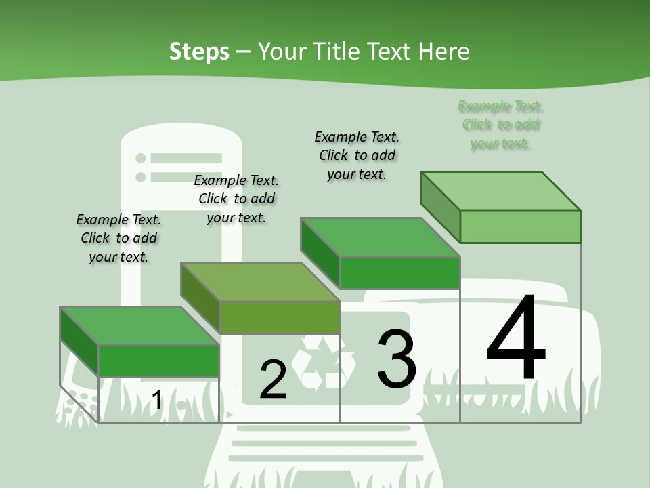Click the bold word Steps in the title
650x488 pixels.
[x=199, y=52]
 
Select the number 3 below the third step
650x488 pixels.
[x=397, y=359]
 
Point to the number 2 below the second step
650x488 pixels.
[x=273, y=380]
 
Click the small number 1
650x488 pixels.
[x=156, y=400]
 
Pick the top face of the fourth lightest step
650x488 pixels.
[x=500, y=191]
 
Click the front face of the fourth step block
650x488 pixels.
[x=520, y=226]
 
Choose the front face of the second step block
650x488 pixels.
[x=280, y=317]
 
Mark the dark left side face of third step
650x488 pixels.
[x=320, y=251]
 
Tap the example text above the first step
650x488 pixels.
[x=118, y=238]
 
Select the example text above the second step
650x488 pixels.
[x=236, y=199]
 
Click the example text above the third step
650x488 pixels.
[x=357, y=155]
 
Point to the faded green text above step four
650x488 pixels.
[x=500, y=125]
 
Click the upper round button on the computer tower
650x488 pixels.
[x=141, y=158]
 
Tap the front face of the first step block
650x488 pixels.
[x=159, y=361]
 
